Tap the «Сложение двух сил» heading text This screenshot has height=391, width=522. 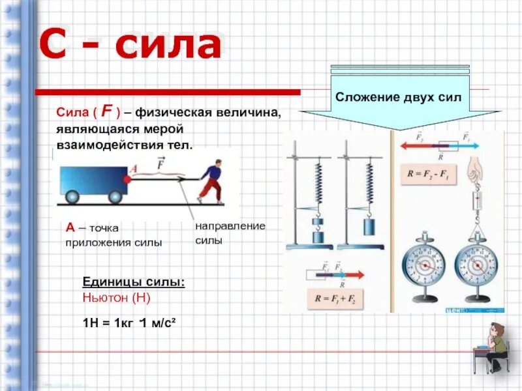point(399,96)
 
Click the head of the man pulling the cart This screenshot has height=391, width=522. point(212,168)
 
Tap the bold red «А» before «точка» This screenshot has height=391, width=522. point(69,227)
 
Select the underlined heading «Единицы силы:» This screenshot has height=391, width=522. point(133,282)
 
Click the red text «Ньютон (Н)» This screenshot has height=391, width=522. point(117,298)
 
